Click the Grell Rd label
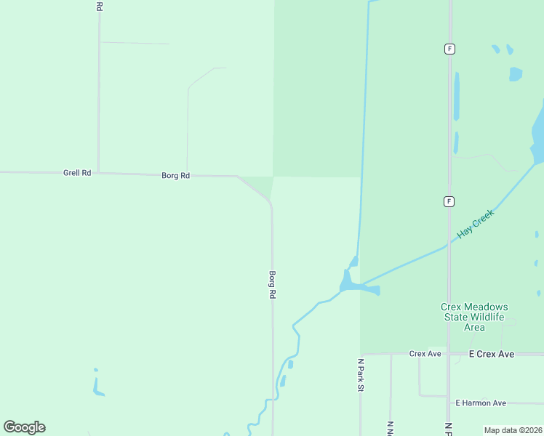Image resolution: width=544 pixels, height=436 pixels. pos(76,173)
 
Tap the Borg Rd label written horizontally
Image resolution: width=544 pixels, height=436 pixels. pos(175,176)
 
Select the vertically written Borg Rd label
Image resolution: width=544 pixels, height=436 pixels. pos(273,285)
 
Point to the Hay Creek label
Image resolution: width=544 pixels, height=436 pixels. pos(475,225)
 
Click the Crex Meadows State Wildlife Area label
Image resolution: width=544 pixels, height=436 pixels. pos(474,317)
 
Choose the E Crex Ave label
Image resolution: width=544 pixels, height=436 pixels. pos(492,354)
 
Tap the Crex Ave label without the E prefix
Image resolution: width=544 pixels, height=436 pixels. pos(425,354)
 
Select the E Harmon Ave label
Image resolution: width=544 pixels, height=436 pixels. pos(480,403)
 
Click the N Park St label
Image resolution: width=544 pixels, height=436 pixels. pos(360,375)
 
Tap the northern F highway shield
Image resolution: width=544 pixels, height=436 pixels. pos(450,49)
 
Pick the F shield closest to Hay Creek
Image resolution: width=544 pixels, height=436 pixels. pos(449,201)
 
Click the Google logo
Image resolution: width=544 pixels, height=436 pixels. pos(25,427)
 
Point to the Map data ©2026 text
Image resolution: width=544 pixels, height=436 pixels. pos(513,430)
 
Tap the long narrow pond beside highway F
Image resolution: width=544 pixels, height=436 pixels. pos(457,95)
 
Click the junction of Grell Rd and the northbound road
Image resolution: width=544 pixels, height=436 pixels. pos(98,173)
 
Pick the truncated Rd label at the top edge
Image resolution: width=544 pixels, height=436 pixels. pos(99,5)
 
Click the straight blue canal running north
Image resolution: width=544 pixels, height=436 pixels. pos(363,109)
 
